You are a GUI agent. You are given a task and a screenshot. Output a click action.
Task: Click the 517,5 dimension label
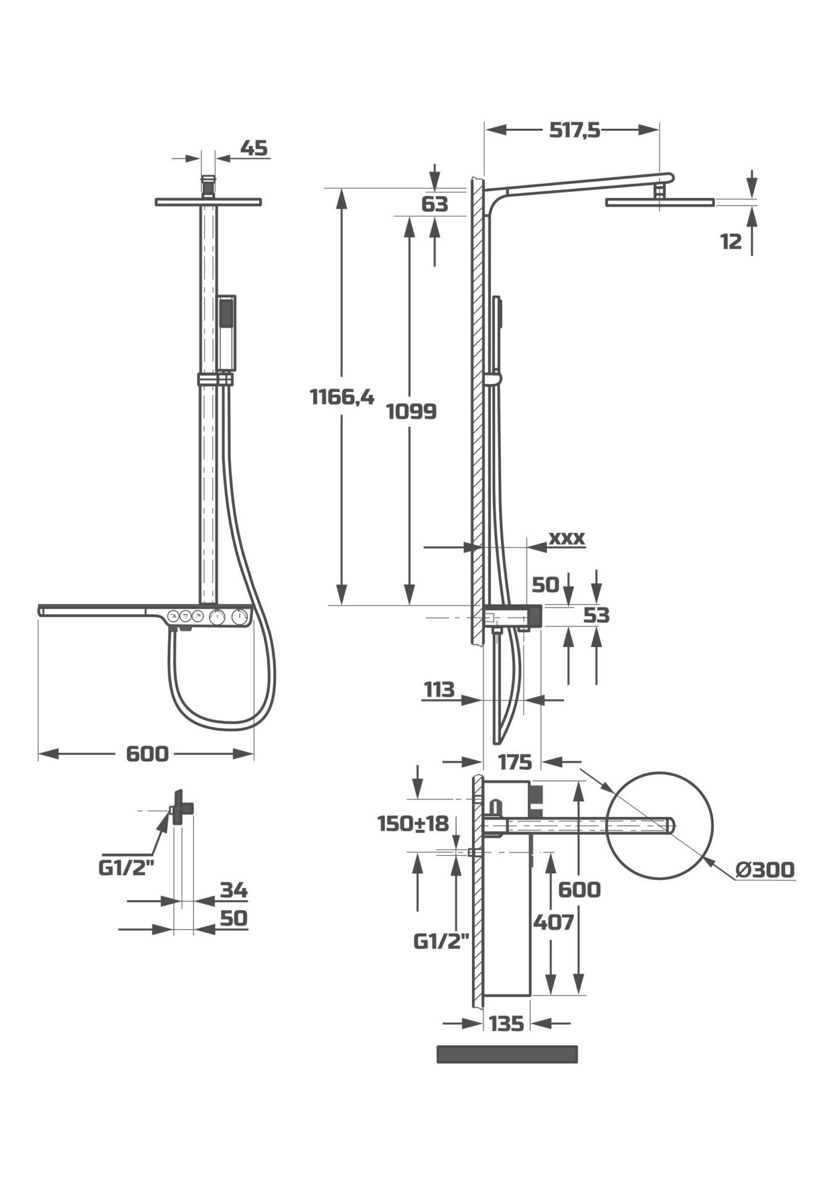pos(574,130)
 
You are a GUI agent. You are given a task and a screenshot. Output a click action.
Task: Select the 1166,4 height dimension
pos(342,397)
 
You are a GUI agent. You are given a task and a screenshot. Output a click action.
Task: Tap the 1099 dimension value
pos(411,411)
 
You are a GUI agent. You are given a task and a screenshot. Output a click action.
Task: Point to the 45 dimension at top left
pos(254,148)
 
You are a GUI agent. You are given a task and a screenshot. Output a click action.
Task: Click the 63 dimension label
pos(435,204)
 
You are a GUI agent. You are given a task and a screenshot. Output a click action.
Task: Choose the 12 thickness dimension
pos(731,242)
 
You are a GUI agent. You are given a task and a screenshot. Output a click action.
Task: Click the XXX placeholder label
pos(566,538)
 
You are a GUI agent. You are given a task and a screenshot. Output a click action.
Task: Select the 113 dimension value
pos(439,689)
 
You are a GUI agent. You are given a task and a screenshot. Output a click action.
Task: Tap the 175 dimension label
pos(514,763)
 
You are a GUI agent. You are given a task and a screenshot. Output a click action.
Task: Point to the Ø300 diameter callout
pos(766,869)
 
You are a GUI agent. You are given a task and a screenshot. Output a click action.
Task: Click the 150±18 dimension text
pos(413,823)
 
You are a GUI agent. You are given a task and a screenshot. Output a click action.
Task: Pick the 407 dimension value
pos(553,923)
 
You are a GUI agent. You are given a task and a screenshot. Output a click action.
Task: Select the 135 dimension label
pos(506,1024)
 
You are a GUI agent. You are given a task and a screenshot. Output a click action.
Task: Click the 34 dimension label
pos(234,890)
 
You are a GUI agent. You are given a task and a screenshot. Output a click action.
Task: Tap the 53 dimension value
pos(596,615)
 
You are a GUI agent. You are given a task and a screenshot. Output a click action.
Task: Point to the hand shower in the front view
pos(226,333)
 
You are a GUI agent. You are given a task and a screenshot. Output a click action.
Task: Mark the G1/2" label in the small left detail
pos(126,868)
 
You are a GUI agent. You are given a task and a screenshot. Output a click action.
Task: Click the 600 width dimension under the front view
pos(147,754)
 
